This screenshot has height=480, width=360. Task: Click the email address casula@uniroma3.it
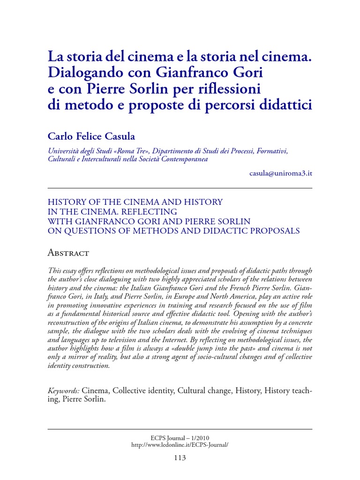click(x=281, y=172)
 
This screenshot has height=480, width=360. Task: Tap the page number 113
click(x=180, y=457)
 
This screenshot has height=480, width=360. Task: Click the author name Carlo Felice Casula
click(x=91, y=136)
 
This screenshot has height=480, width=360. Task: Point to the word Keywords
click(x=64, y=390)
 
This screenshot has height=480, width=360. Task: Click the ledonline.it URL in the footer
click(x=180, y=444)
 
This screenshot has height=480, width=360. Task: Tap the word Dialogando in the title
click(x=80, y=73)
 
